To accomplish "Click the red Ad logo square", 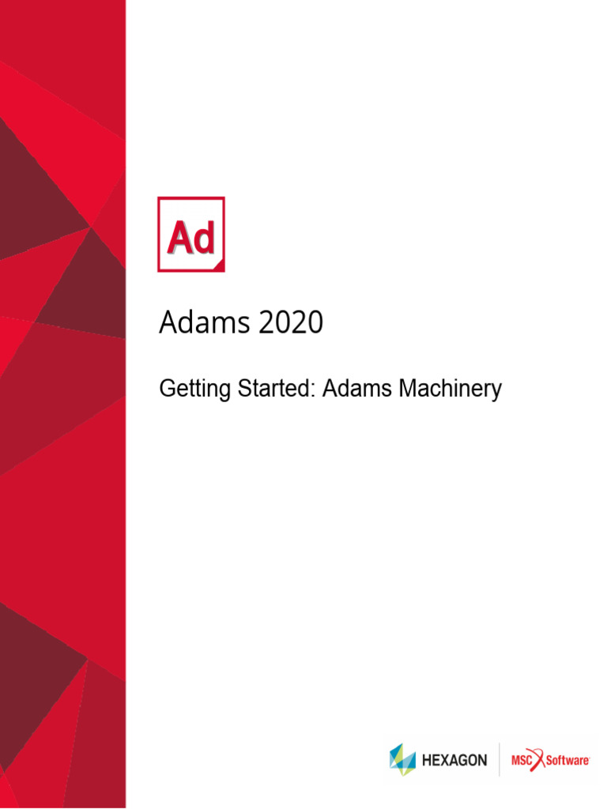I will pyautogui.click(x=191, y=234).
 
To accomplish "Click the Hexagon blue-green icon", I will pyautogui.click(x=402, y=760).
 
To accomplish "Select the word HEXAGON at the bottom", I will pyautogui.click(x=454, y=760).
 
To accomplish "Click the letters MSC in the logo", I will pyautogui.click(x=522, y=760).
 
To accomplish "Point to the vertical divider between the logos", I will pyautogui.click(x=500, y=760).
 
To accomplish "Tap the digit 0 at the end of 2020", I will pyautogui.click(x=315, y=323).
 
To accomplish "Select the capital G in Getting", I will pyautogui.click(x=167, y=389).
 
